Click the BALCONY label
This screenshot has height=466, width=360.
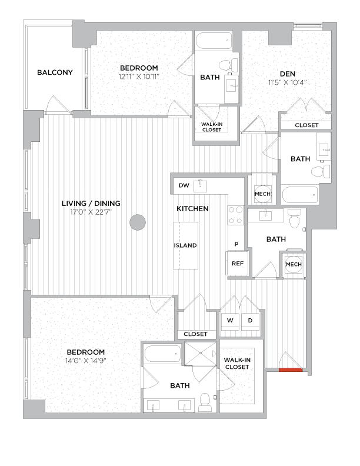[55, 73]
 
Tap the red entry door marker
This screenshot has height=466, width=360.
[289, 370]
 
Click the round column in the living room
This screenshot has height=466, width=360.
[138, 222]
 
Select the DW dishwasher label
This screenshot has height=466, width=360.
[184, 186]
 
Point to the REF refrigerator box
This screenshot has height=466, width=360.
[238, 264]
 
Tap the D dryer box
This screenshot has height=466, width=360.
[250, 320]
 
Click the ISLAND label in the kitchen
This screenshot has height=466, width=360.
[185, 245]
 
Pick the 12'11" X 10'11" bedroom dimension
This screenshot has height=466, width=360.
[139, 76]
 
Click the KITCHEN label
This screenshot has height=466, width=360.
[193, 209]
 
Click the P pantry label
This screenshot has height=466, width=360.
[236, 244]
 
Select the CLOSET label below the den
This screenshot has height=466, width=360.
[306, 125]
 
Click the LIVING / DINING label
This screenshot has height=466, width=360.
[91, 204]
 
